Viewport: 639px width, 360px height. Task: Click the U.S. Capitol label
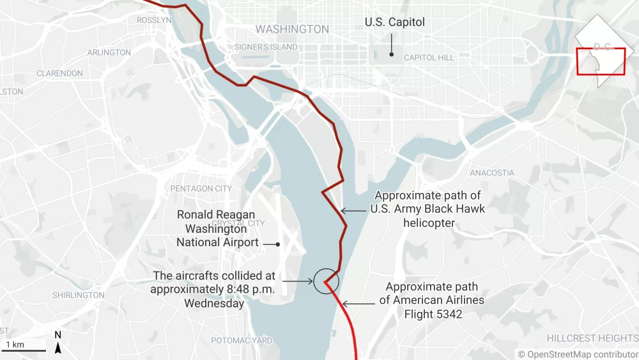point(394,22)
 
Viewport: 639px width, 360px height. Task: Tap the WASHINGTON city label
point(292,29)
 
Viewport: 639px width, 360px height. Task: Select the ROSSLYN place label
point(154,20)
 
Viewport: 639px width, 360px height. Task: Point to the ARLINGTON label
point(109,52)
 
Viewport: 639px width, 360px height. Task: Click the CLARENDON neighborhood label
point(59,74)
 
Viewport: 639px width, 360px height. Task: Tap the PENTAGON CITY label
point(201,189)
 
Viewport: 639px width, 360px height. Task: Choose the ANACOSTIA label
point(491,173)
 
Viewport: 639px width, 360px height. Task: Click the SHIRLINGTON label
point(78,295)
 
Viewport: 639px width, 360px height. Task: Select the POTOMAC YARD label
point(242,340)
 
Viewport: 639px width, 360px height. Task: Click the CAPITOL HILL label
point(429,58)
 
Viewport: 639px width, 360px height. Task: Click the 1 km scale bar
point(23,350)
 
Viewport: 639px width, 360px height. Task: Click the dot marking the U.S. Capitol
point(392,53)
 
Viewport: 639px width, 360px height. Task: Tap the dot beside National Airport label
point(278,244)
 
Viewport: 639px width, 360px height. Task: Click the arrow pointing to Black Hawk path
point(353,210)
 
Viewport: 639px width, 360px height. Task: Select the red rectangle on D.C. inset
point(601,61)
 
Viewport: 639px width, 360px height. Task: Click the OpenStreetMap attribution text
point(578,354)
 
